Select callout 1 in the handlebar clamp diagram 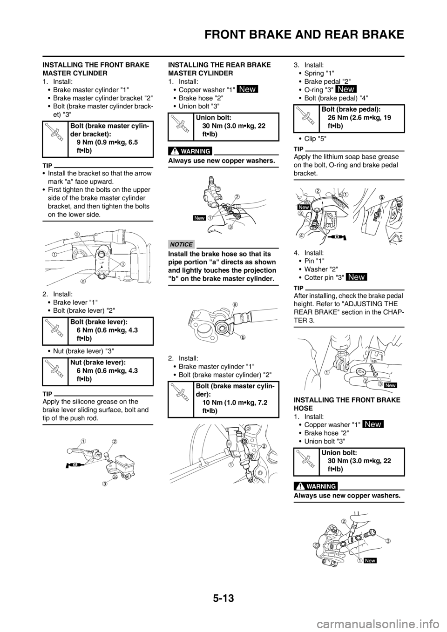pos(54,254)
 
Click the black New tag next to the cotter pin pos(391,385)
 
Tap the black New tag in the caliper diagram pos(370,561)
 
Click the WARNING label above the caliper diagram pos(316,486)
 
